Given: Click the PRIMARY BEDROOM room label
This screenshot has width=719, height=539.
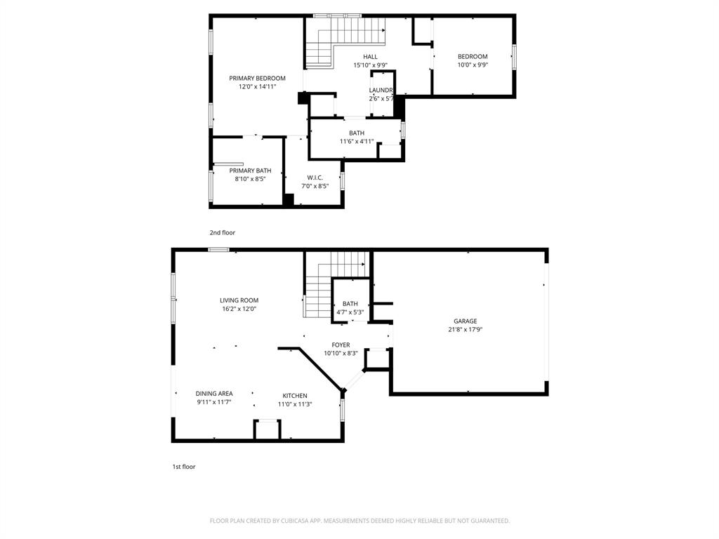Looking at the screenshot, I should tap(257, 78).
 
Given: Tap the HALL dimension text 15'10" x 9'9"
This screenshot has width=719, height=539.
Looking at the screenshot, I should tap(370, 65).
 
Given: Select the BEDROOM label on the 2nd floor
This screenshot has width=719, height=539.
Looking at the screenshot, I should tap(473, 57).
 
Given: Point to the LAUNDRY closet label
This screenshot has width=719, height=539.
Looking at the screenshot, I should tap(381, 91).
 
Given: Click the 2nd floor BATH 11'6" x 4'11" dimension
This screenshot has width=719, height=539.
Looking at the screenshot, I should tap(357, 141).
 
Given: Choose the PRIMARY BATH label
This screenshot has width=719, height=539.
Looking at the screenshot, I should tap(250, 171).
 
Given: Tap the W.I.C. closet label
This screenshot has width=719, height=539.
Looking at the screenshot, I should tap(314, 178).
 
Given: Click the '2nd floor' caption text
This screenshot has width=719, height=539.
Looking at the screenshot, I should tap(222, 232).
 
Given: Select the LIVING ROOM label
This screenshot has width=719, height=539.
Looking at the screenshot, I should tap(239, 300).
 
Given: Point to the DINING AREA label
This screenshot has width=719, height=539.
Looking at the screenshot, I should tap(214, 394).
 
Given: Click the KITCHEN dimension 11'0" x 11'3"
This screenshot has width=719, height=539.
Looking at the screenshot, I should tap(295, 404).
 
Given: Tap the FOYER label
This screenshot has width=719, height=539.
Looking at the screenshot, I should tap(341, 345).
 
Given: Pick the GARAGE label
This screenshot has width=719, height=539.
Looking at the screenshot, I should tap(465, 321).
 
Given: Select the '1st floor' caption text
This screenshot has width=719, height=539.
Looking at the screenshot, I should tap(184, 467).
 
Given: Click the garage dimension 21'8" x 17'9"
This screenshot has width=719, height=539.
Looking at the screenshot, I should tap(465, 330).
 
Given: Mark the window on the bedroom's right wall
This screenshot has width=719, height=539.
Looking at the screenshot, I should tap(514, 57).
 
